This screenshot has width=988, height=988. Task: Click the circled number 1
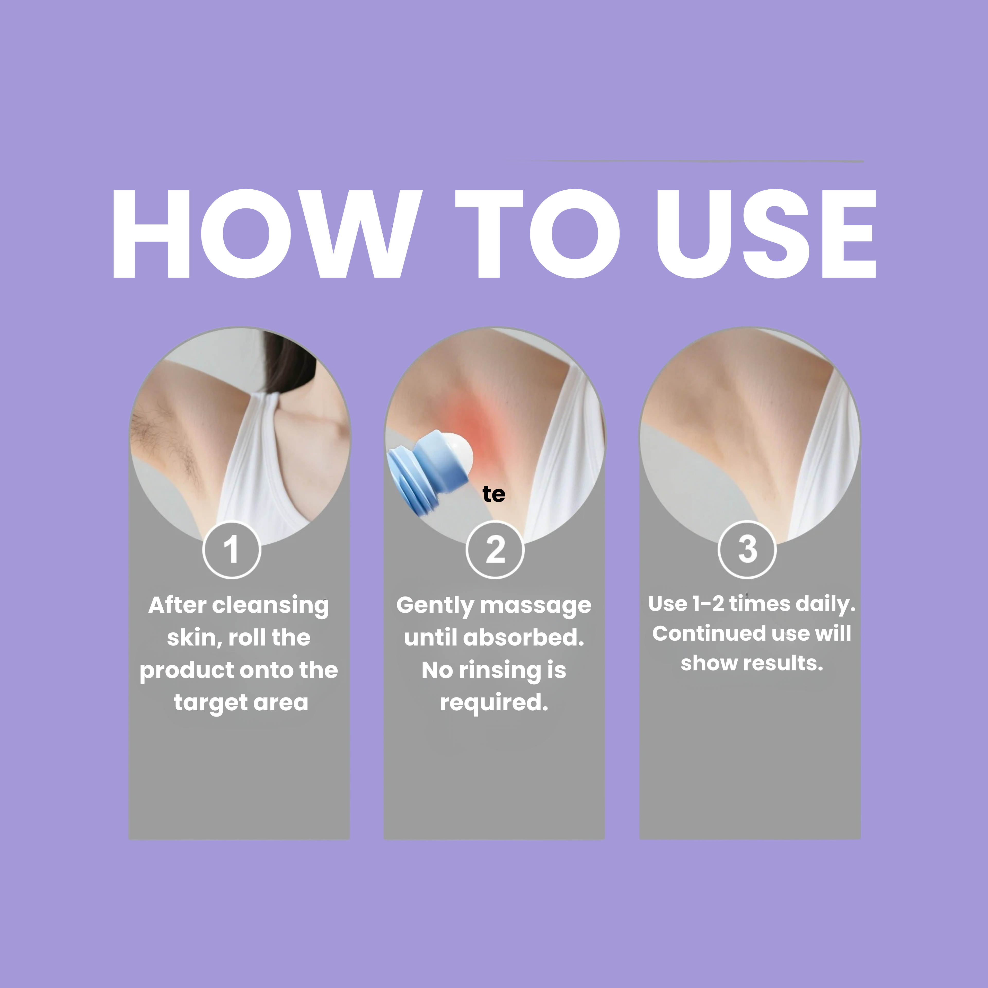pos(232,550)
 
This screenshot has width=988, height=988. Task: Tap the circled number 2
pos(495,550)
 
